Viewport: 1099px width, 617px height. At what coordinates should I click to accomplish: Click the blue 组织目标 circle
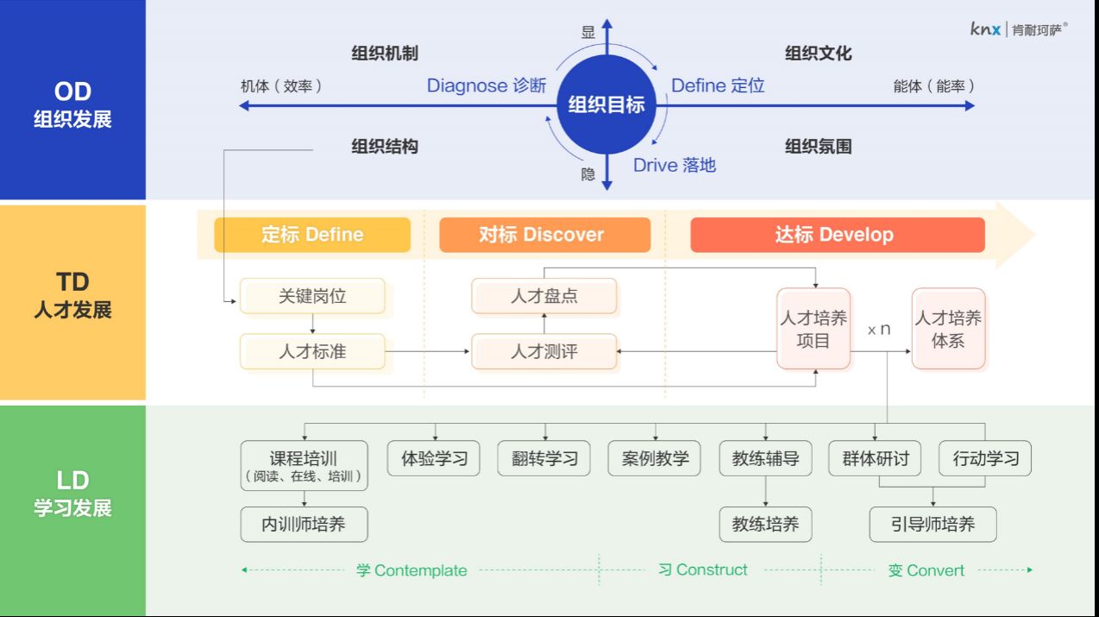pyautogui.click(x=606, y=105)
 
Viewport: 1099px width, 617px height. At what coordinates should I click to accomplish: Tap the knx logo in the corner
pyautogui.click(x=1018, y=28)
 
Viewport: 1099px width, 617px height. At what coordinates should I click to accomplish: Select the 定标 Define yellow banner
pyautogui.click(x=312, y=235)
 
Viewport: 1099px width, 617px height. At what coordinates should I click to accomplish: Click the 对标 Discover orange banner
pyautogui.click(x=544, y=235)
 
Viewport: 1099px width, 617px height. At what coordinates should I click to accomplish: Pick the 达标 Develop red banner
pyautogui.click(x=837, y=235)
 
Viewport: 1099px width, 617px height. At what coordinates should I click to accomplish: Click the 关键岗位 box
pyautogui.click(x=312, y=296)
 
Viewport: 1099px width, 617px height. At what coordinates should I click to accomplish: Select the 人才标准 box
pyautogui.click(x=312, y=351)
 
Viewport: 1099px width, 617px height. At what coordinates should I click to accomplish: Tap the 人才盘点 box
pyautogui.click(x=543, y=296)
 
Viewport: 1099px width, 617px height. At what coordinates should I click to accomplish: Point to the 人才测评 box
pyautogui.click(x=543, y=351)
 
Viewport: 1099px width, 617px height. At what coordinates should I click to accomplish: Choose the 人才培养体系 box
pyautogui.click(x=948, y=329)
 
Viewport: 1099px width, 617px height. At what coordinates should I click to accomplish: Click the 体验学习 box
pyautogui.click(x=434, y=458)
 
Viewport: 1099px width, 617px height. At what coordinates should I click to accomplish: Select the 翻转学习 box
pyautogui.click(x=544, y=458)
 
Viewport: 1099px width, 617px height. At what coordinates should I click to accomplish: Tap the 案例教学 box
pyautogui.click(x=655, y=458)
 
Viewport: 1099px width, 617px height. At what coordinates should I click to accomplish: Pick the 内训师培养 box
pyautogui.click(x=304, y=524)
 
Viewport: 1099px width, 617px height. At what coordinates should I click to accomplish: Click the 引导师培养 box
pyautogui.click(x=933, y=524)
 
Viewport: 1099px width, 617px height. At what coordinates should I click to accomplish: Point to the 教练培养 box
pyautogui.click(x=765, y=524)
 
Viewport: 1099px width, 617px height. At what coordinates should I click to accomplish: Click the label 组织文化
pyautogui.click(x=818, y=54)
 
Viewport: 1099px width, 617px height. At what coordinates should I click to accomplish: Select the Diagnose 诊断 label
pyautogui.click(x=487, y=85)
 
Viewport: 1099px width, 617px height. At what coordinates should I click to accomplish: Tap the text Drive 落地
pyautogui.click(x=675, y=165)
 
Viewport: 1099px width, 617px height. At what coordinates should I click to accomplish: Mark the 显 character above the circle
pyautogui.click(x=588, y=33)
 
